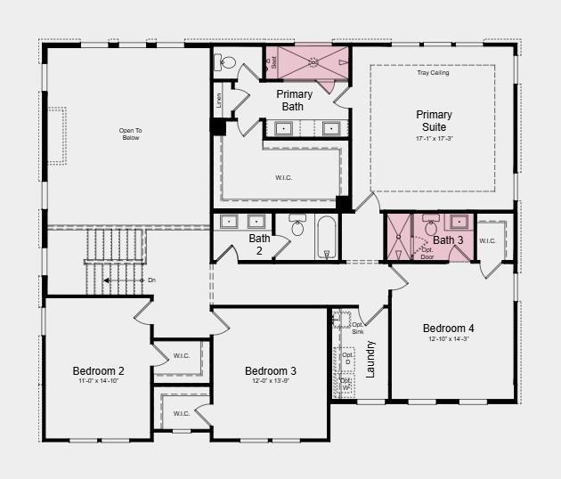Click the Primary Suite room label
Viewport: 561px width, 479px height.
coord(434,121)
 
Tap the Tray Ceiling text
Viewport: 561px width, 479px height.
coord(433,73)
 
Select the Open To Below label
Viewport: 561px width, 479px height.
coord(131,134)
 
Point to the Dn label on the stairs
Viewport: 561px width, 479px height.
coord(151,280)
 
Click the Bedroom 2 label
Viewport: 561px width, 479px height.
coord(98,370)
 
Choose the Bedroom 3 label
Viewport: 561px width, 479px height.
coord(271,370)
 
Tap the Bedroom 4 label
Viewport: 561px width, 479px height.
coord(454,328)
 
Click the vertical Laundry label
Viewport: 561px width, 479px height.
coord(370,358)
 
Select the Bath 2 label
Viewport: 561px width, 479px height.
coord(259,244)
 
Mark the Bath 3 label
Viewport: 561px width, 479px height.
coord(448,240)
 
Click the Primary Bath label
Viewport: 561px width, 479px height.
coord(294,100)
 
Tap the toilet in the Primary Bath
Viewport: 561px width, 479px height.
coord(226,62)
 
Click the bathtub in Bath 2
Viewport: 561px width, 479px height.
coord(326,237)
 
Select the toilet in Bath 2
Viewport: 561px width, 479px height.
coord(297,227)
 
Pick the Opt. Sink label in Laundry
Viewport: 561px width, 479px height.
coord(357,328)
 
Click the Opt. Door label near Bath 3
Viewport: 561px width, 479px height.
coord(427,253)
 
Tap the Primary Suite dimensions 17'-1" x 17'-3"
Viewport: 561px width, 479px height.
coord(434,139)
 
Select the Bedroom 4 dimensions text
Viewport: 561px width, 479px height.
coord(454,338)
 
